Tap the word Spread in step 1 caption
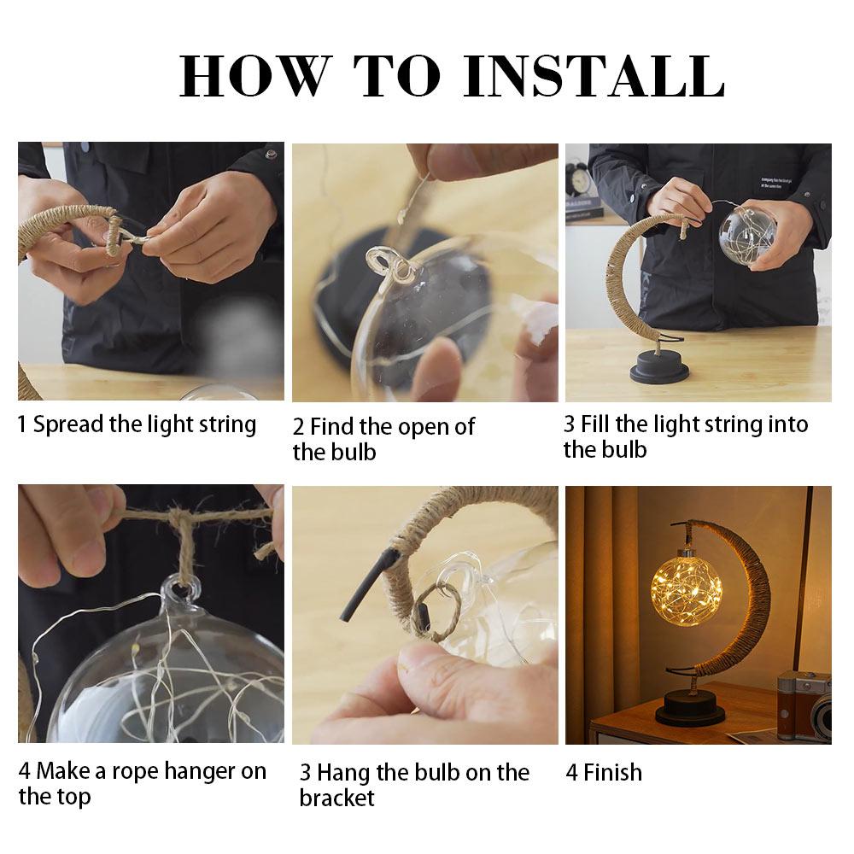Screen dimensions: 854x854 68,425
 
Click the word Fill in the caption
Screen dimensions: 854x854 595,424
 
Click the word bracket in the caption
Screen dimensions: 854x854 336,798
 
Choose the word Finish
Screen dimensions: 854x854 612,772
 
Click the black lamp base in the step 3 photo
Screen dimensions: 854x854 659,366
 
